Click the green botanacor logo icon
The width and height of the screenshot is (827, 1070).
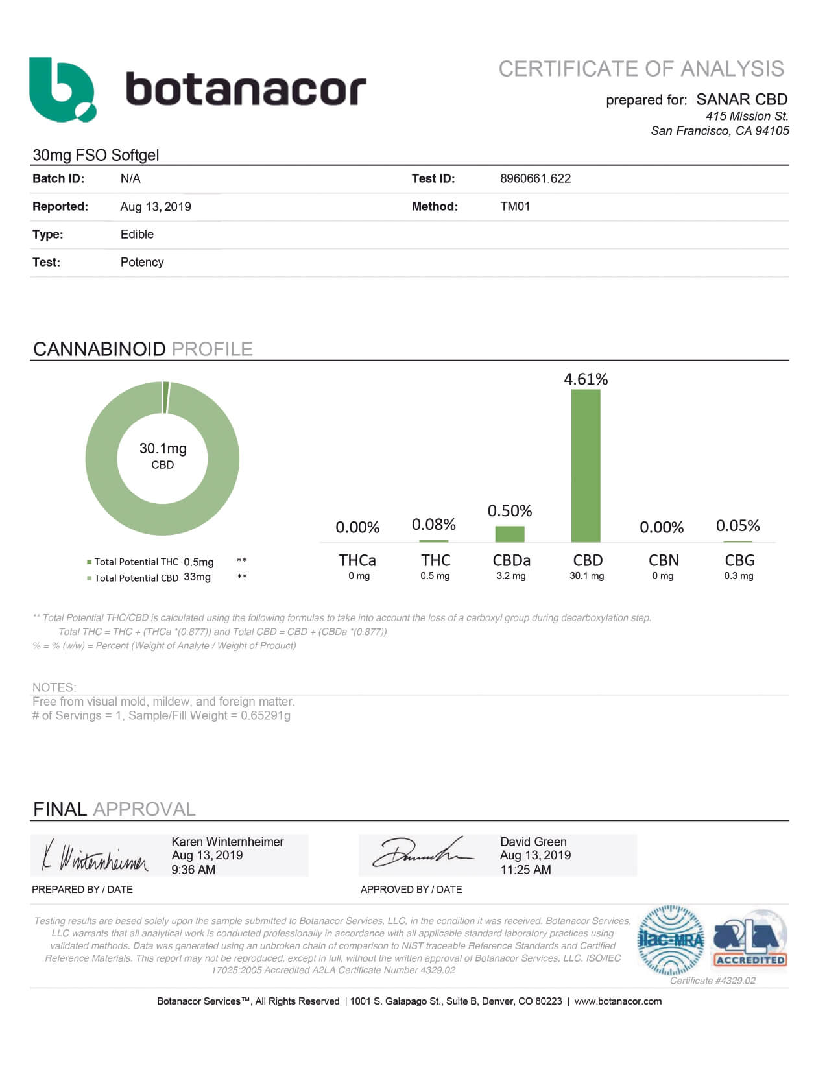[62, 89]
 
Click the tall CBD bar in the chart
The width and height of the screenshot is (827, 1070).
[586, 465]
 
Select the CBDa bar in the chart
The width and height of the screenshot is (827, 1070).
[510, 534]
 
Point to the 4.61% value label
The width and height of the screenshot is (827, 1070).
[586, 379]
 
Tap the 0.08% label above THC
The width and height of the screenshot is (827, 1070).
[434, 524]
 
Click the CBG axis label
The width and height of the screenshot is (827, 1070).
[739, 560]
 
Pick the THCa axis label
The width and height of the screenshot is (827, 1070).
[357, 560]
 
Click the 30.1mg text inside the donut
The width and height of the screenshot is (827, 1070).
[163, 448]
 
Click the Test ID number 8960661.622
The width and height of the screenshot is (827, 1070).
[535, 178]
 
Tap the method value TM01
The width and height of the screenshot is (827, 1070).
[515, 206]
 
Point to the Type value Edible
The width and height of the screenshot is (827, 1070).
[137, 234]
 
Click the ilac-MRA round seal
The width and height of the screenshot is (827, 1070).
[671, 940]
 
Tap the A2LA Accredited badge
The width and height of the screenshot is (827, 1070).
[750, 940]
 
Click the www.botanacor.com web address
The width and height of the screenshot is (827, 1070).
[617, 1001]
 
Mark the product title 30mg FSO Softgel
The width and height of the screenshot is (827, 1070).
[96, 155]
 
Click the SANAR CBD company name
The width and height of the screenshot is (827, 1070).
[741, 99]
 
